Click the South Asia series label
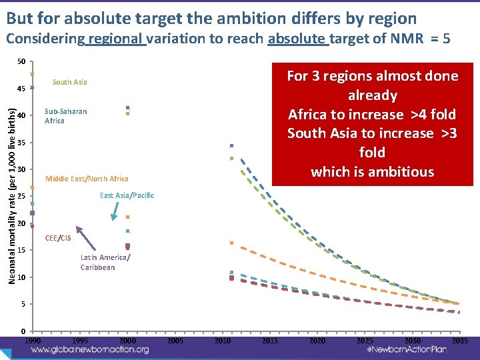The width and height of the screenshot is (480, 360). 69,83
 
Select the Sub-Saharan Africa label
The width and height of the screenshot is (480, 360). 65,116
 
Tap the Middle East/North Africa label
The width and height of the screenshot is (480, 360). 87,179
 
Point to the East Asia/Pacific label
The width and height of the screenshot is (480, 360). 127,195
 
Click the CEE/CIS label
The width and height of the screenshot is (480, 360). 58,238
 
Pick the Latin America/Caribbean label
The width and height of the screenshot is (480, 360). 105,262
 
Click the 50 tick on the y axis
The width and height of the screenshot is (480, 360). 21,62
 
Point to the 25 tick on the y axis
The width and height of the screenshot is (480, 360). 21,197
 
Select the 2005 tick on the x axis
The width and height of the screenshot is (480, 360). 175,341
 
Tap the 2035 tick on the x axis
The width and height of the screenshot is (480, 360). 459,341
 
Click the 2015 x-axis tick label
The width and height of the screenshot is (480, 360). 270,341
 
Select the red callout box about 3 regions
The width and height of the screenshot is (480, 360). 372,124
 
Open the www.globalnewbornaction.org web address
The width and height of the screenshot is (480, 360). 90,349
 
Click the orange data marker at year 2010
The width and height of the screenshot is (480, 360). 231,243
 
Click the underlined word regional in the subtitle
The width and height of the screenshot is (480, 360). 116,39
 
